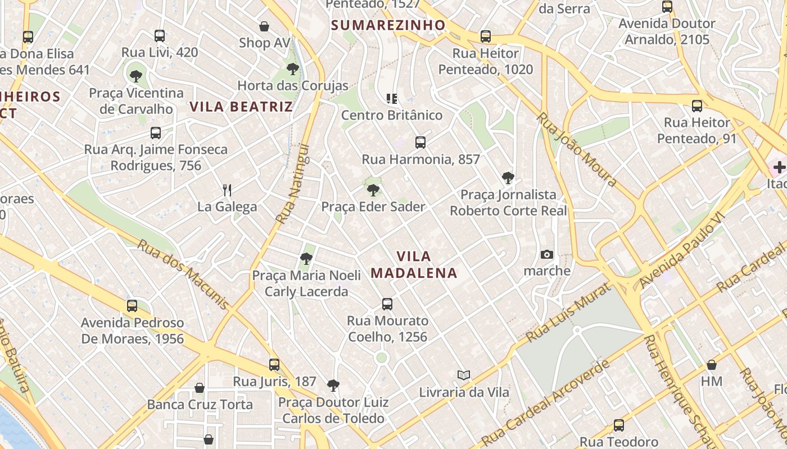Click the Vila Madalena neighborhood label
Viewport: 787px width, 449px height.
(x=414, y=265)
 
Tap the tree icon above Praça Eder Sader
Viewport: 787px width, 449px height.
(x=373, y=190)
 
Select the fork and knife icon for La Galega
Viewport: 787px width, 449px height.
(x=227, y=190)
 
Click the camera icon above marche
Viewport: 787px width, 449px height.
(x=546, y=254)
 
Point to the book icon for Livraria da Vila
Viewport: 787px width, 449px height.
(x=464, y=375)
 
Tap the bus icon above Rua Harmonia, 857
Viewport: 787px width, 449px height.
(x=420, y=143)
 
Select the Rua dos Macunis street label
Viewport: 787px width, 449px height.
(x=183, y=274)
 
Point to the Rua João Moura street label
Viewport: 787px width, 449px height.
(x=576, y=149)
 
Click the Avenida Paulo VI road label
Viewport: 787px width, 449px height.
(x=682, y=251)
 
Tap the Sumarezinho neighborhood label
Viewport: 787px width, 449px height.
(x=388, y=25)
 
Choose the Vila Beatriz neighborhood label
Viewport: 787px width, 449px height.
(x=241, y=107)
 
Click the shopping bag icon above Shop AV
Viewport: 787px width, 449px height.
(x=264, y=26)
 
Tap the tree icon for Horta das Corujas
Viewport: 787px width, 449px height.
(x=292, y=69)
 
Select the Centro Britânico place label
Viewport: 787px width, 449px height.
(x=392, y=115)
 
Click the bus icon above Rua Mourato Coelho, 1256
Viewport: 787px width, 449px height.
(x=387, y=304)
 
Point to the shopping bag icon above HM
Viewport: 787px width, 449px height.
(x=711, y=365)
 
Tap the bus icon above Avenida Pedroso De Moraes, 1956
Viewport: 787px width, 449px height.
(x=132, y=306)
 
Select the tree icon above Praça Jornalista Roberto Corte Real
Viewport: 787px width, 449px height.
(x=508, y=178)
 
